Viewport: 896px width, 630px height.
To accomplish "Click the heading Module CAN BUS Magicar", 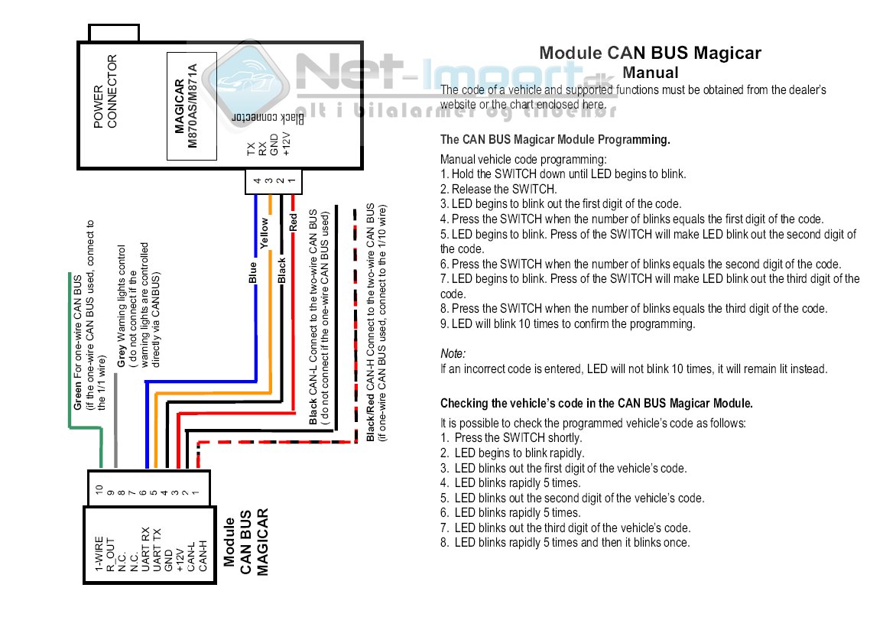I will (x=650, y=53).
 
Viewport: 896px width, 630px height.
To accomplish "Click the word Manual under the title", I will (x=650, y=73).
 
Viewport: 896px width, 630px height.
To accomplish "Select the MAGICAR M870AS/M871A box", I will (x=192, y=106).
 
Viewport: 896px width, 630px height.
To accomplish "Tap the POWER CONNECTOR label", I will (x=106, y=91).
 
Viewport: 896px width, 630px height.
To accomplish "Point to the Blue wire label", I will (x=253, y=272).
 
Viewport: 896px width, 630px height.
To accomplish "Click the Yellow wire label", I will (x=265, y=234).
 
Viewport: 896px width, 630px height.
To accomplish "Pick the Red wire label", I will (x=293, y=223).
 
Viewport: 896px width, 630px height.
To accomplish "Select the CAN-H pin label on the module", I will (x=203, y=556).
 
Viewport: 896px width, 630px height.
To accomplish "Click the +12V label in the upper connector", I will (x=287, y=144).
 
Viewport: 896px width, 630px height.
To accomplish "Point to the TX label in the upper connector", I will (x=251, y=150).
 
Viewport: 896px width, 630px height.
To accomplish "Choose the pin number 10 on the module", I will (x=99, y=488).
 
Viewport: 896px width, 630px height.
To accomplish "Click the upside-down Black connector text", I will (x=268, y=119).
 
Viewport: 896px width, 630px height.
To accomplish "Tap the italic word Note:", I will (x=453, y=354).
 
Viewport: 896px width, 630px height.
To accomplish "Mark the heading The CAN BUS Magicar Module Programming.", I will (x=555, y=140).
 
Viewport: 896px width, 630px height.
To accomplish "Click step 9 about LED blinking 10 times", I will (x=568, y=323).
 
